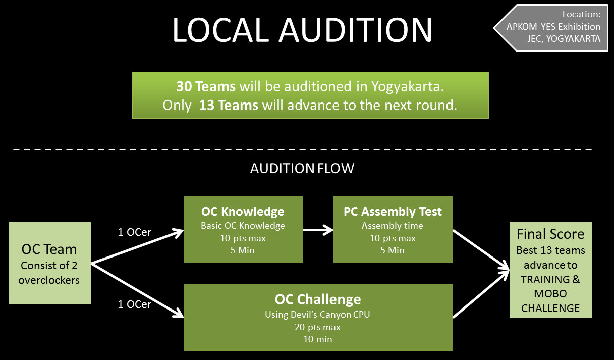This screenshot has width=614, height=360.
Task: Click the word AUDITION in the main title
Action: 356,30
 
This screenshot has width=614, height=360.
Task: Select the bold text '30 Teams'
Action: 206,86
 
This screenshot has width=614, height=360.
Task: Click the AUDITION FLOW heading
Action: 302,168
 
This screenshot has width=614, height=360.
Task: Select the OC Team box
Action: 49,263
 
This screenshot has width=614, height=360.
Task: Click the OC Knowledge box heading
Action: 243,212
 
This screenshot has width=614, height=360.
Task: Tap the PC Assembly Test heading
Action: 393,212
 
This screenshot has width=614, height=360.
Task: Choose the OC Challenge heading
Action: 318,299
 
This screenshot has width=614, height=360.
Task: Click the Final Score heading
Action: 550,234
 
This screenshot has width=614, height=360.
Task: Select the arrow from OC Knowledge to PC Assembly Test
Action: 318,230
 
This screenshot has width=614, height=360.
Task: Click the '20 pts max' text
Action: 318,327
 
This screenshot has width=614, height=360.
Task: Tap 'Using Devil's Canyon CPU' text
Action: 318,315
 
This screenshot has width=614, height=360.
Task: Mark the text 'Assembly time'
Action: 393,226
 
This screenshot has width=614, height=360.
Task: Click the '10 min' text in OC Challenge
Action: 318,339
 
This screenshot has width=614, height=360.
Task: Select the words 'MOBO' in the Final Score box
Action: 550,293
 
